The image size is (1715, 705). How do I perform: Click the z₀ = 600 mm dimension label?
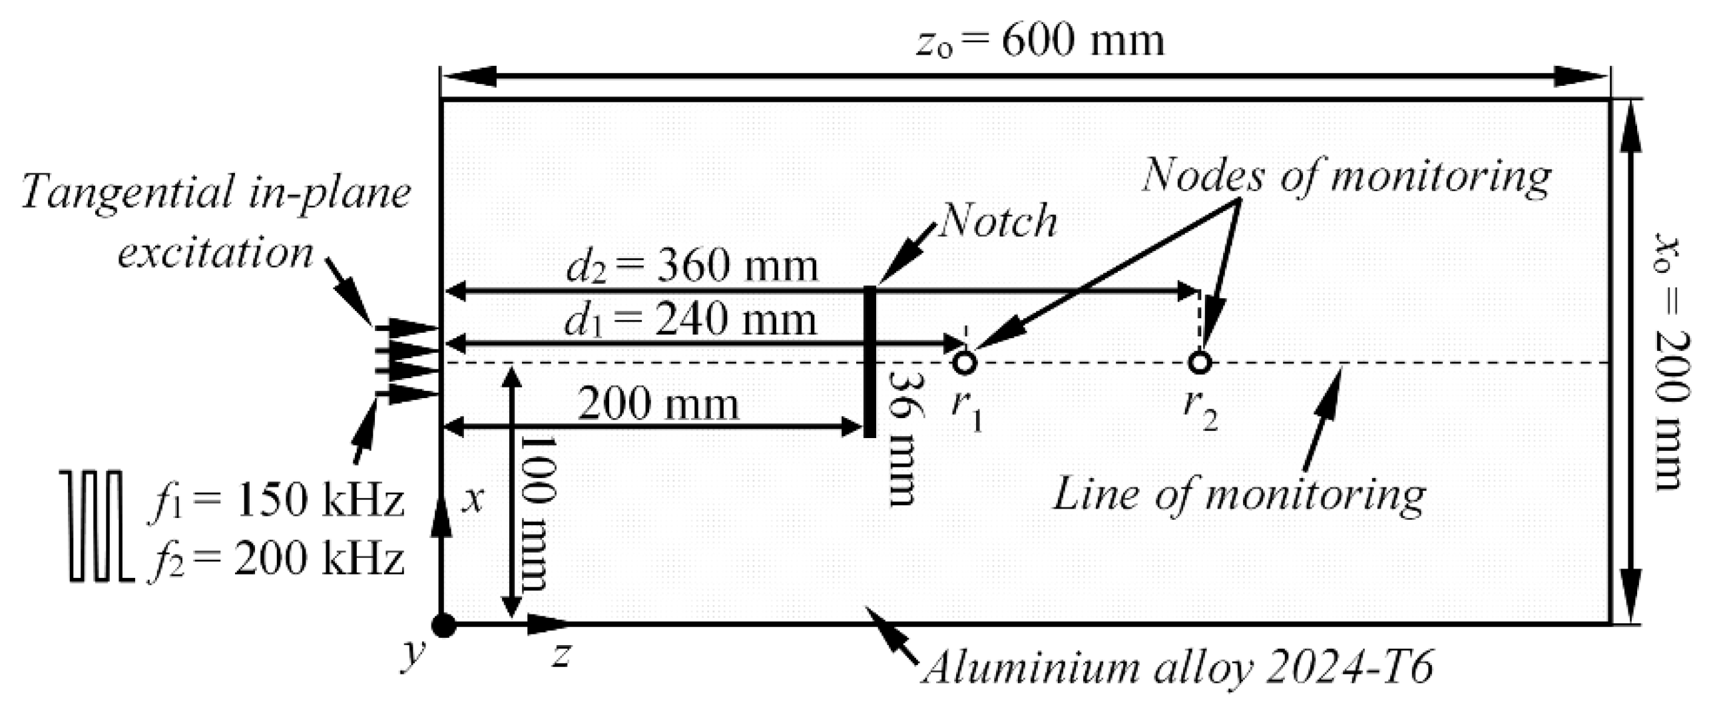[1041, 41]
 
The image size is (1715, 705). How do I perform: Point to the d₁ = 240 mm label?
[690, 321]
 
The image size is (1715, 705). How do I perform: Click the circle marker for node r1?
[965, 363]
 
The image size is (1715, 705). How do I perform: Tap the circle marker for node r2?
[1200, 363]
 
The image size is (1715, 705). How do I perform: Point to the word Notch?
[997, 221]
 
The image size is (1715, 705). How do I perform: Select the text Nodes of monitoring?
[1346, 177]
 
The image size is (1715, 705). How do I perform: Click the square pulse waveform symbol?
[97, 526]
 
